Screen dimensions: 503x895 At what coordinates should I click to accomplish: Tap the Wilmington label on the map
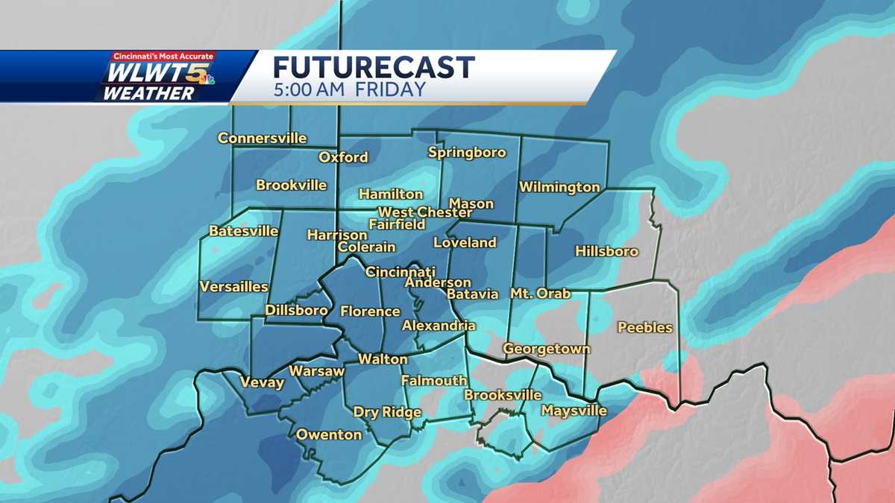559,187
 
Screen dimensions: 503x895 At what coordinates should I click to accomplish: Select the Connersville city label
262,138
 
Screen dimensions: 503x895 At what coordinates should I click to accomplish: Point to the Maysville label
574,411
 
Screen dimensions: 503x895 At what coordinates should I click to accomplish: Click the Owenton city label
329,434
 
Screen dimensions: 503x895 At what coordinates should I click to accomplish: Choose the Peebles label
645,327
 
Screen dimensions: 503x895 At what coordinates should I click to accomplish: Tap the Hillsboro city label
606,251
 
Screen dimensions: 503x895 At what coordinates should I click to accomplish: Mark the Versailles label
233,287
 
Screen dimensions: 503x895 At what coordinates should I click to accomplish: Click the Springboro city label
467,153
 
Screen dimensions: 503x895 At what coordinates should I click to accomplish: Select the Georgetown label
547,349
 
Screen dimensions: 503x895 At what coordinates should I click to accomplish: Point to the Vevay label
262,383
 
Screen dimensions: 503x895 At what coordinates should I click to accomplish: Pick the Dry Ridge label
387,412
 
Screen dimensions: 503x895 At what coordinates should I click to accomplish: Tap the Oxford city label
343,157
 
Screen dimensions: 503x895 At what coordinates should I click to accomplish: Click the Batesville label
243,231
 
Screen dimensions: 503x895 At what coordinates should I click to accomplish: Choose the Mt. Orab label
540,293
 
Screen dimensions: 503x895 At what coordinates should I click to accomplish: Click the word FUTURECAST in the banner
374,68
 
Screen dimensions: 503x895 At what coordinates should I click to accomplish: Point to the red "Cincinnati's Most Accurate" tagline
163,56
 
